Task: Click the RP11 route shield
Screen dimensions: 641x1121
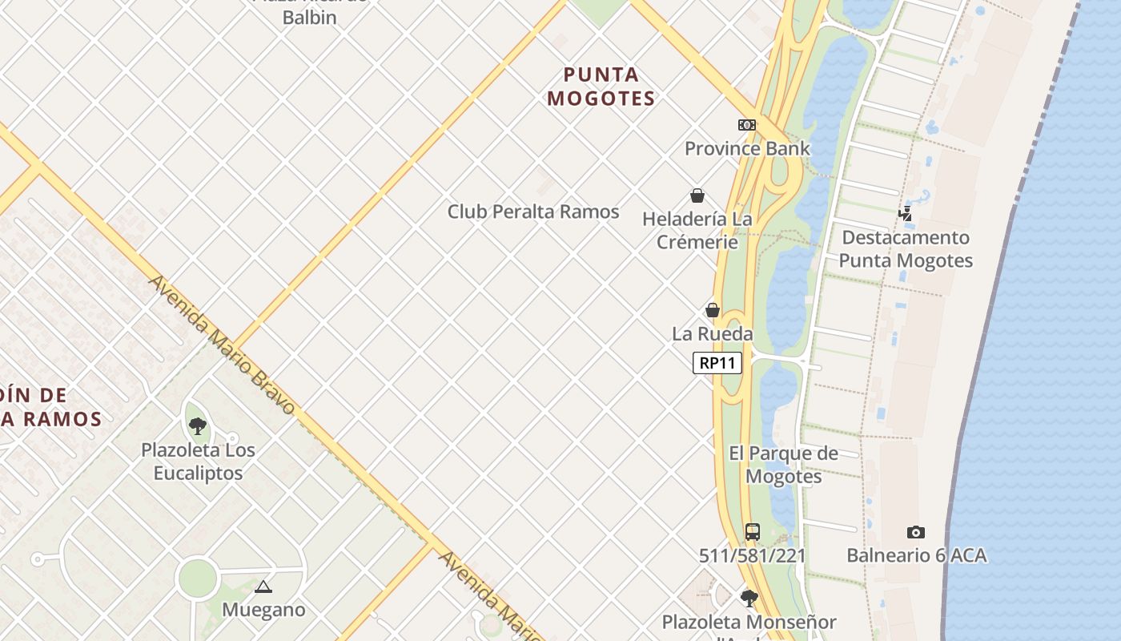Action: pyautogui.click(x=717, y=363)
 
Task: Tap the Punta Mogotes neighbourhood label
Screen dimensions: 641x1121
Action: pyautogui.click(x=602, y=87)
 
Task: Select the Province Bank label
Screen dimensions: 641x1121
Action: pyautogui.click(x=747, y=148)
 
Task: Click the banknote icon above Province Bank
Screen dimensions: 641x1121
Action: pyautogui.click(x=747, y=125)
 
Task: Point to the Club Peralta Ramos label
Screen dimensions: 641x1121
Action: pyautogui.click(x=533, y=212)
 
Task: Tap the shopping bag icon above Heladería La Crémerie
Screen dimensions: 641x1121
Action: pyautogui.click(x=697, y=196)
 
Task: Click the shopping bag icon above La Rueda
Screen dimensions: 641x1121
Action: pyautogui.click(x=713, y=310)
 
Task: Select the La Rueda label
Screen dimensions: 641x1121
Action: pyautogui.click(x=713, y=333)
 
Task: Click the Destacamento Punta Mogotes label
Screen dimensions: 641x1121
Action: pyautogui.click(x=906, y=248)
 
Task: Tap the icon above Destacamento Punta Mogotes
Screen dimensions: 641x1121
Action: pyautogui.click(x=906, y=213)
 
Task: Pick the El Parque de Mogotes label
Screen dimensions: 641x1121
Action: pyautogui.click(x=784, y=465)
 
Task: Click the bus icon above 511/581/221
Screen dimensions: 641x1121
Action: pyautogui.click(x=752, y=531)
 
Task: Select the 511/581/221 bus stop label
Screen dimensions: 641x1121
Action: pyautogui.click(x=752, y=555)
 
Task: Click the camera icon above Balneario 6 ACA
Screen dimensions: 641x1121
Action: pyautogui.click(x=916, y=532)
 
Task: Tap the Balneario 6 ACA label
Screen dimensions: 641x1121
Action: pyautogui.click(x=916, y=555)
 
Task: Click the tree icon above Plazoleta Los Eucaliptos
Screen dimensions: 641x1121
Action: pyautogui.click(x=198, y=426)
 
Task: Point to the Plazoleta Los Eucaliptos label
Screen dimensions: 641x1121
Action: pyautogui.click(x=198, y=462)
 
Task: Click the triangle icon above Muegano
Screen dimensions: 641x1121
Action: pyautogui.click(x=263, y=587)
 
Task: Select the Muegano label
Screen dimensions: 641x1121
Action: pyautogui.click(x=263, y=610)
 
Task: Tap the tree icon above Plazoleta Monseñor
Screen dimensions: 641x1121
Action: pyautogui.click(x=749, y=598)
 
